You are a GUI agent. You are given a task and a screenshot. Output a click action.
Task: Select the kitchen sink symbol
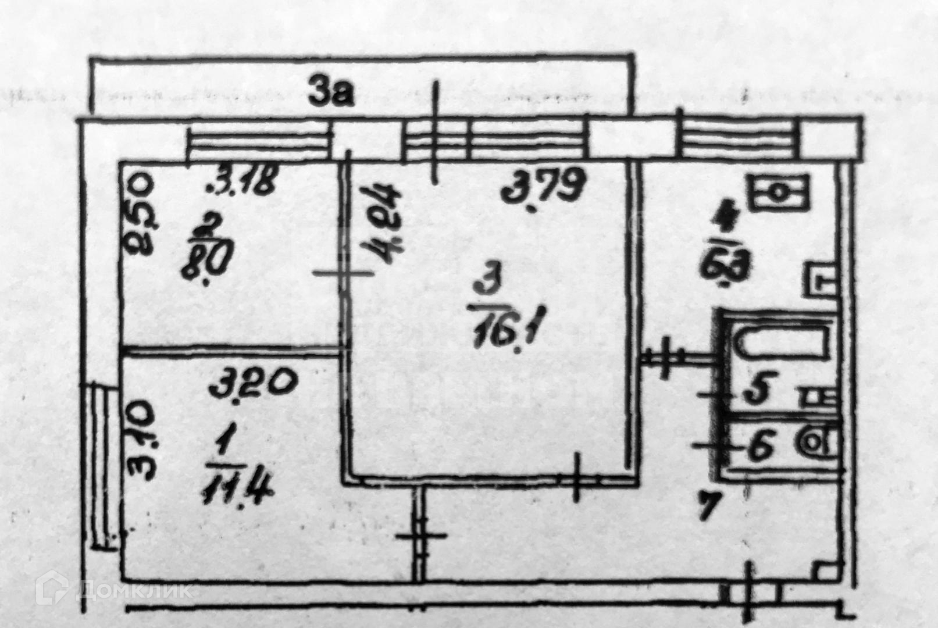click(780, 191)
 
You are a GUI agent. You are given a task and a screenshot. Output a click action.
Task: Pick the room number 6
click(759, 447)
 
